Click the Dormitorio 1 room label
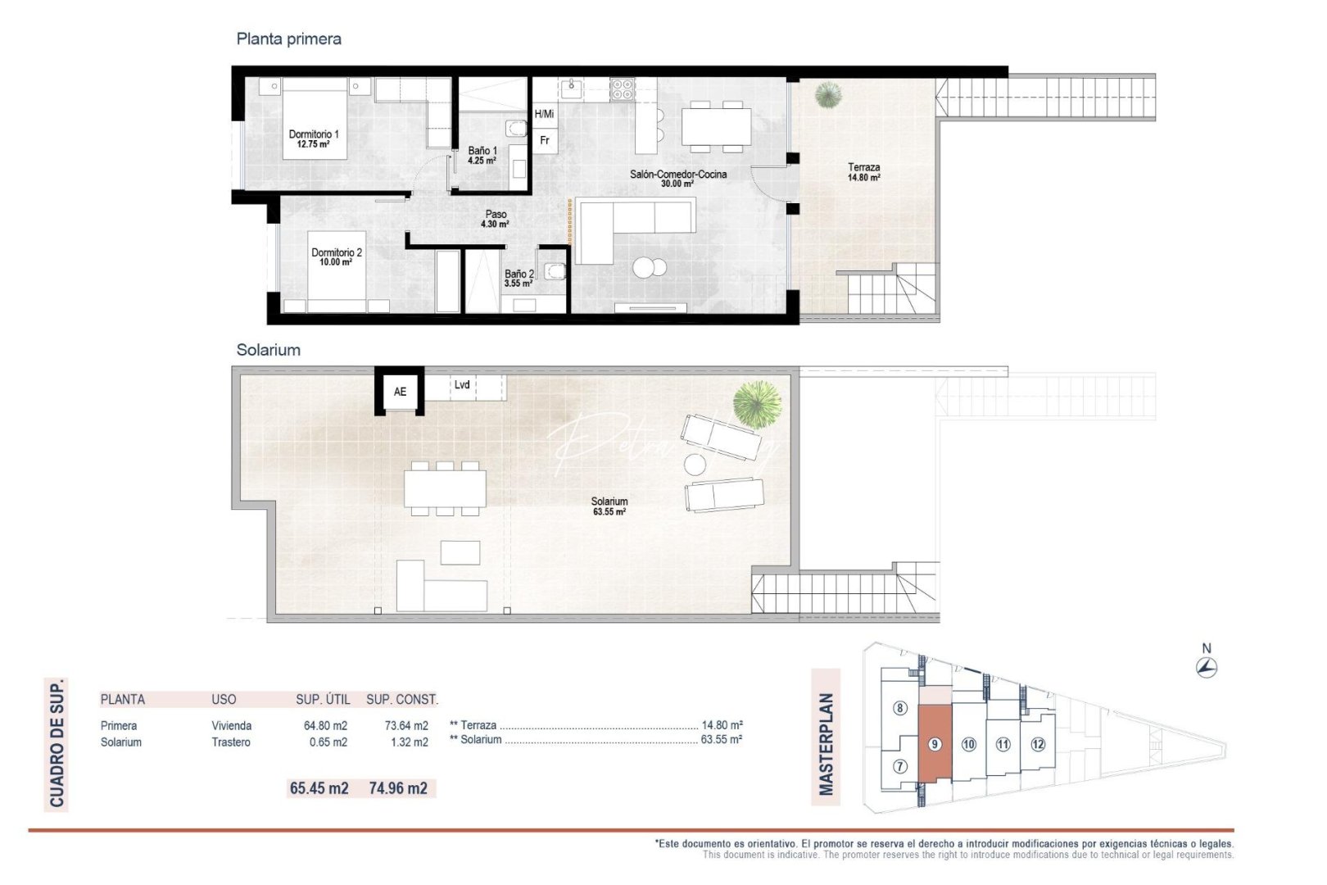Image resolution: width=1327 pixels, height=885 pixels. [x=314, y=138]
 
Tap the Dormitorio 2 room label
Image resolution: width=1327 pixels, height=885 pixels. [x=337, y=257]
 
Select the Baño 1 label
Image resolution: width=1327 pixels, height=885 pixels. [x=482, y=155]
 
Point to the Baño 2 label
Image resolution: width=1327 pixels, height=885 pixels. [x=519, y=279]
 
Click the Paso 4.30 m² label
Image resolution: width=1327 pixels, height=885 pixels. [x=496, y=219]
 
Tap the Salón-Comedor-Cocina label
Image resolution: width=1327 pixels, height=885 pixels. [x=677, y=178]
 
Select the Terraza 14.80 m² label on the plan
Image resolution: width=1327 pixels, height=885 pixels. [x=864, y=172]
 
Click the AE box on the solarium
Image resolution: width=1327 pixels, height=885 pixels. [x=400, y=392]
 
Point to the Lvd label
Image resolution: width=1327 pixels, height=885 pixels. [x=462, y=384]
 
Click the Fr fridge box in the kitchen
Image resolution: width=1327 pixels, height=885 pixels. [x=545, y=140]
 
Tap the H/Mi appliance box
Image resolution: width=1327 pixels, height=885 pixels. [x=544, y=114]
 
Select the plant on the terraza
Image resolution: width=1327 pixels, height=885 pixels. [x=828, y=94]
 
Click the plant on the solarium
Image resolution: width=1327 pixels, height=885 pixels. [x=756, y=403]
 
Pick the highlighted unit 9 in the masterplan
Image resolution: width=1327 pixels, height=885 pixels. [x=934, y=744]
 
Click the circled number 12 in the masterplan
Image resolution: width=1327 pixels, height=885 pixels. [x=1038, y=744]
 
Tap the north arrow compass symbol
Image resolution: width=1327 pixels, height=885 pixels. [x=1206, y=667]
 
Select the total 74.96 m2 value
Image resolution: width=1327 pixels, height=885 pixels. [x=398, y=788]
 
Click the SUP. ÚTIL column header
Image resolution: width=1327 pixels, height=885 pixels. [x=323, y=700]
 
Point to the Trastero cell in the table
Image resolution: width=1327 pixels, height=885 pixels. [x=231, y=742]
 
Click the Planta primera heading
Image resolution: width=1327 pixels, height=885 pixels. [x=288, y=39]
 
